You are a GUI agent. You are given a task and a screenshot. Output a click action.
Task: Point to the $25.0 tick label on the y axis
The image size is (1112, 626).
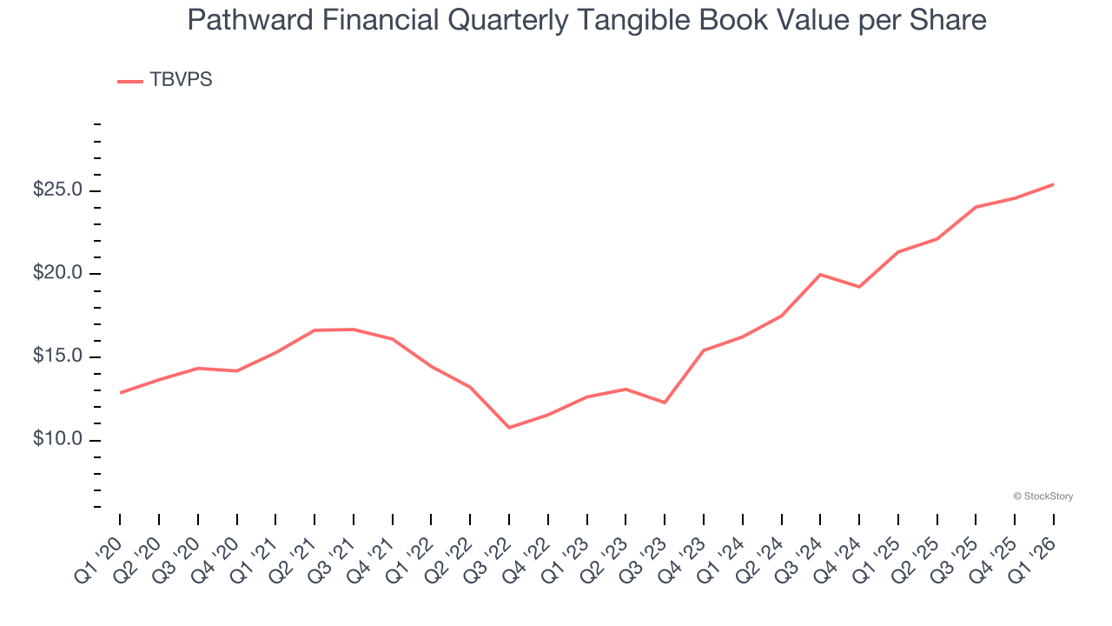click(57, 190)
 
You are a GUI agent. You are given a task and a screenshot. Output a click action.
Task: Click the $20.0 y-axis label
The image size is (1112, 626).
click(57, 274)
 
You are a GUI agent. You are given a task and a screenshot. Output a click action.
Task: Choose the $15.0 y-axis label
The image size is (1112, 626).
click(57, 356)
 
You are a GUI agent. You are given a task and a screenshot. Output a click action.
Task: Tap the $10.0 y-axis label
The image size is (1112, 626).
click(57, 440)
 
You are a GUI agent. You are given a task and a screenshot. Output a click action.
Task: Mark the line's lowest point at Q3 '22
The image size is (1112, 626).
click(509, 428)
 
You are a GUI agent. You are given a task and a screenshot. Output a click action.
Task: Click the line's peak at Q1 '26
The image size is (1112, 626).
click(1054, 184)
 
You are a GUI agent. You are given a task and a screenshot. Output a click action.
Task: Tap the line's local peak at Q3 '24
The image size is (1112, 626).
click(820, 275)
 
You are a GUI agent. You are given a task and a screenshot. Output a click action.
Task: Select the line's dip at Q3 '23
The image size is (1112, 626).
click(665, 403)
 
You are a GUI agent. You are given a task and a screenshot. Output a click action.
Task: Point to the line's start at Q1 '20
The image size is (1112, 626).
click(120, 393)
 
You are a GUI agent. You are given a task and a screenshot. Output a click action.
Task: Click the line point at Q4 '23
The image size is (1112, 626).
click(704, 350)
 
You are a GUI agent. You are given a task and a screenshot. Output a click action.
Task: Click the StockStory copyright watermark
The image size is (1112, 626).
click(1042, 496)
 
